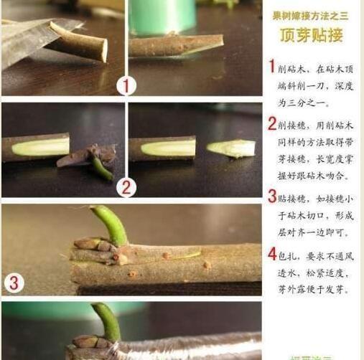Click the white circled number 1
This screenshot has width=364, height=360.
point(126,86)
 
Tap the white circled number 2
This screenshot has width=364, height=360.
point(126,188)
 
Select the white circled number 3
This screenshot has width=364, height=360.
point(14,282)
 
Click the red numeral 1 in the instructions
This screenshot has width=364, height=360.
point(272,67)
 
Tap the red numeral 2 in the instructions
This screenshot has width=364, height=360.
point(272,124)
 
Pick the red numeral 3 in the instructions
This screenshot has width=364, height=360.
point(272,196)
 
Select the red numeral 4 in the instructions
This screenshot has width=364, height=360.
point(272,253)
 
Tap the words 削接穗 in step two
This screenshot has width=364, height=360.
point(294,125)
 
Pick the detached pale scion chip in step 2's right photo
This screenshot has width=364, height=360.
point(231,148)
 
